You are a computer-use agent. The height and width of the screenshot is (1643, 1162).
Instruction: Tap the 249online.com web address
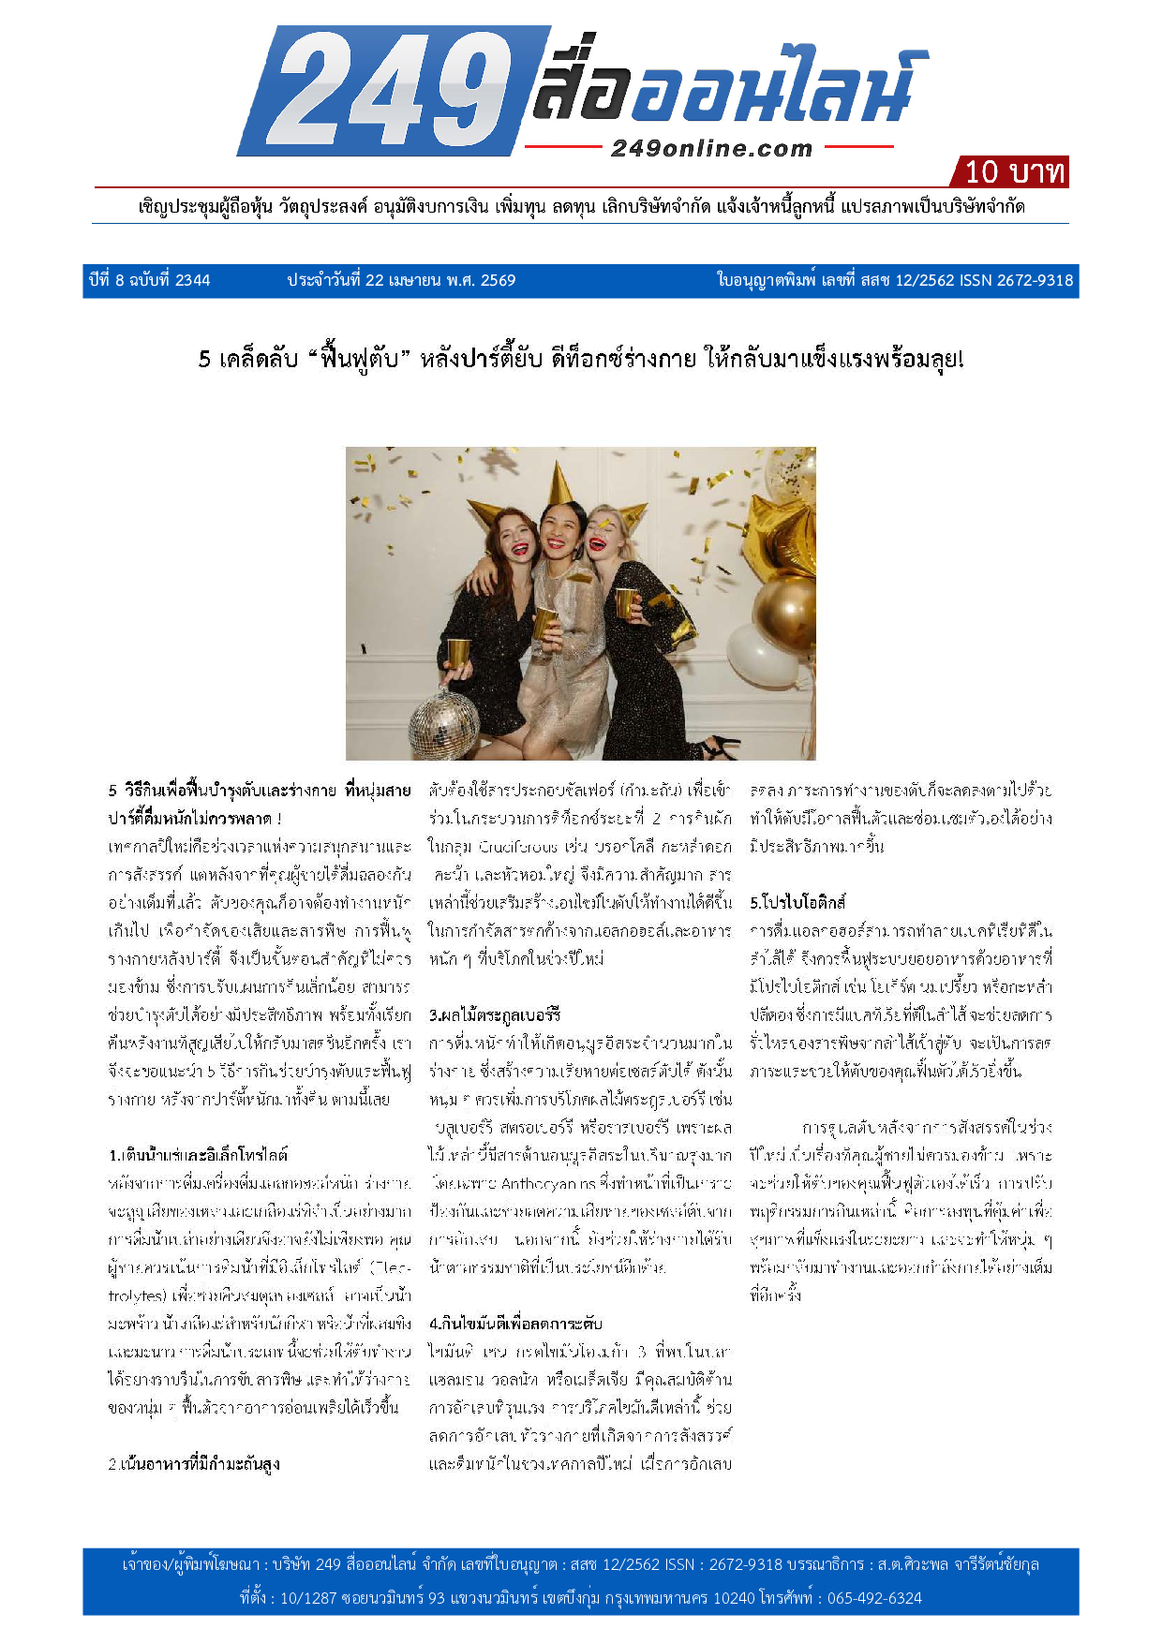(x=711, y=148)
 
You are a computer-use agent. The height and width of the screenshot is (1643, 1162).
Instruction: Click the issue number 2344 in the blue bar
(x=192, y=280)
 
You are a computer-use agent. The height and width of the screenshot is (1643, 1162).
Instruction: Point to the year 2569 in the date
(x=498, y=280)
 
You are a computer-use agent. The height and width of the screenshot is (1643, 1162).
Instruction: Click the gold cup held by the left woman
(x=458, y=652)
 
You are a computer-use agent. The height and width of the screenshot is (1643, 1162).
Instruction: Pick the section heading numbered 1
(x=198, y=1155)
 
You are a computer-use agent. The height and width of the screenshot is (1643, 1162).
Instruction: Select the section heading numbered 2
(x=194, y=1464)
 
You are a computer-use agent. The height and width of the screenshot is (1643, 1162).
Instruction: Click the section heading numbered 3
(x=495, y=1014)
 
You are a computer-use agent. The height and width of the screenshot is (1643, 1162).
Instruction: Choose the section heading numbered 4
(x=515, y=1324)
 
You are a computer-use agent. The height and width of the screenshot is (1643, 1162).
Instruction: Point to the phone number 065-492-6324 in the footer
(x=874, y=1598)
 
